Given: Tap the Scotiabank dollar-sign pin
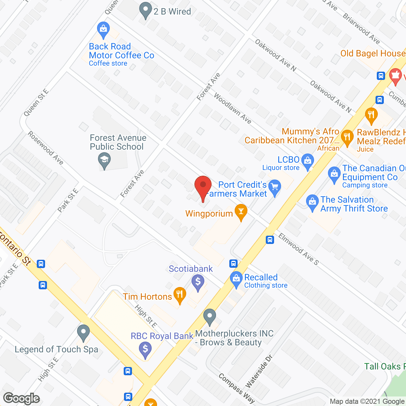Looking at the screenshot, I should point(198,282).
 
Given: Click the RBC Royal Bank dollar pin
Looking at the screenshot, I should point(145,349).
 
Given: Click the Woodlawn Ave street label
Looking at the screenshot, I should point(232,108).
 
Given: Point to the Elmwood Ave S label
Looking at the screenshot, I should point(298,249).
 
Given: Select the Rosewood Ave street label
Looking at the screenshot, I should point(46,148).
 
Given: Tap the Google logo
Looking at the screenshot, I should point(22,398).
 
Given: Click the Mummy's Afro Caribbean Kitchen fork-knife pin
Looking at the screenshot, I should point(347,137).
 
